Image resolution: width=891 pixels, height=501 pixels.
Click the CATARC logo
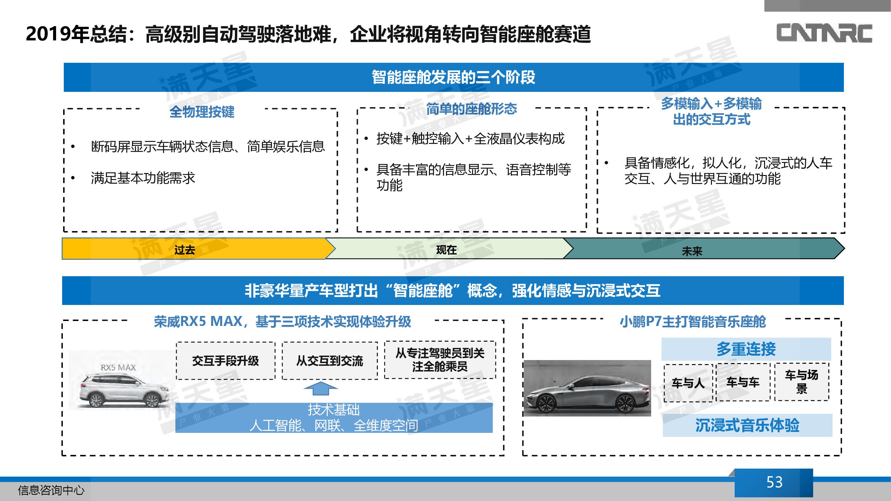[x=824, y=33]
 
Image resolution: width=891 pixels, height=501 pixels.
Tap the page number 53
[x=774, y=482]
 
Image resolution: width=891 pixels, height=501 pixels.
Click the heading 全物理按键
[x=202, y=112]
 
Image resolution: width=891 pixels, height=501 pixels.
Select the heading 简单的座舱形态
[x=471, y=109]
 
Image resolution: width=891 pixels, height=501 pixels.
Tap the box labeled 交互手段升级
[x=226, y=361]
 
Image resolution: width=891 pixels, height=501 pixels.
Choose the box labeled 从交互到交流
[x=330, y=361]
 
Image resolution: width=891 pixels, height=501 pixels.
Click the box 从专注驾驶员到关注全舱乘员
[x=440, y=360]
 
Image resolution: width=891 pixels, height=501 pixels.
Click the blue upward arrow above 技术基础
[x=321, y=389]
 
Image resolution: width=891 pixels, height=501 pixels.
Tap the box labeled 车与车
[x=743, y=382]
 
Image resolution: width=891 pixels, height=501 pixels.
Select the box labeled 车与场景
[x=802, y=382]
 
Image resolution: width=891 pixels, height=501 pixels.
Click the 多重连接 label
[x=746, y=349]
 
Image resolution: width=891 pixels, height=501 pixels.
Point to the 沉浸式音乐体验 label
[x=747, y=425]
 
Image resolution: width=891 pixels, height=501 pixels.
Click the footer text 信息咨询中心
[x=51, y=490]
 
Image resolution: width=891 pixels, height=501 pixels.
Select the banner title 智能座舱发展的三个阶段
[x=453, y=77]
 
